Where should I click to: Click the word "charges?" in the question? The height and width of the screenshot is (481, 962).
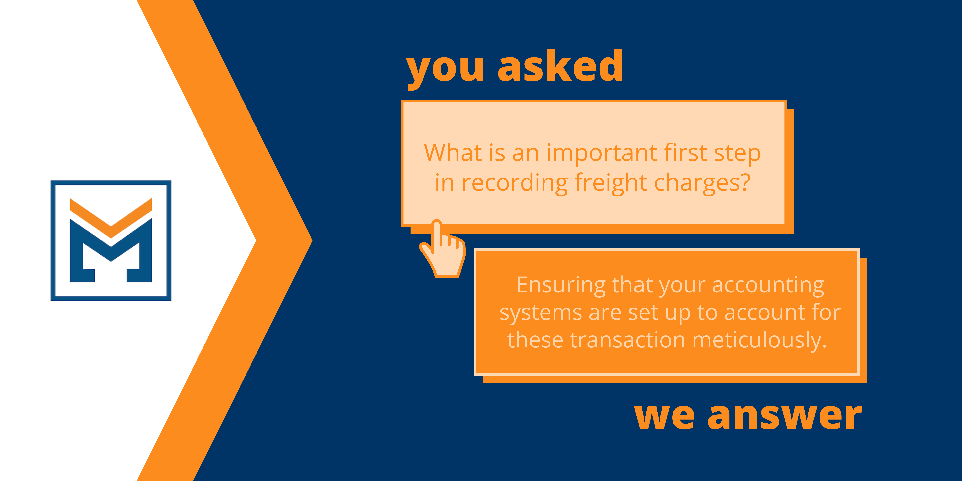[702, 183]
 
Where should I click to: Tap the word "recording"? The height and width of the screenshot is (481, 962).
[515, 183]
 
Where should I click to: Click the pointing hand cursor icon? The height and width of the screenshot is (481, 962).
[443, 249]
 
